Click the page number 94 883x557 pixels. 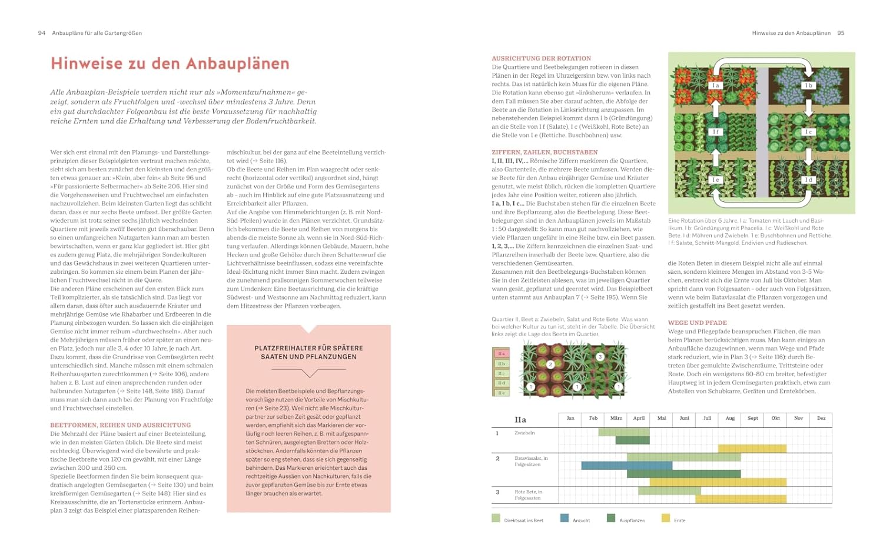[41, 33]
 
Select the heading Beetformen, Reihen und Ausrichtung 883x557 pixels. [120, 425]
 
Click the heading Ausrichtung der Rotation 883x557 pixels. [541, 58]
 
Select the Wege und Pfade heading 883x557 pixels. [697, 323]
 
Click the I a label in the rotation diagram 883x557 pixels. [715, 85]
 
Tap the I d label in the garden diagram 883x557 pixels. [808, 180]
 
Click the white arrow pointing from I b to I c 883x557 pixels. [808, 108]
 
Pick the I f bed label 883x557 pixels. [715, 132]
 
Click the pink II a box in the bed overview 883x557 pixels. [501, 354]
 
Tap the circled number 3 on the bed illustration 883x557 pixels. [600, 357]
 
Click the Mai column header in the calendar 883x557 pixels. [661, 419]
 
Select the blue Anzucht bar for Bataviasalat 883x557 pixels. [626, 465]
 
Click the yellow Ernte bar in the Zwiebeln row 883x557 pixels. [752, 448]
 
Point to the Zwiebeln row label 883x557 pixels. [525, 433]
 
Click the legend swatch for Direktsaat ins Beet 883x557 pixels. [496, 519]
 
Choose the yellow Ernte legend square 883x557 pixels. [665, 519]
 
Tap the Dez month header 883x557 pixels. [821, 419]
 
